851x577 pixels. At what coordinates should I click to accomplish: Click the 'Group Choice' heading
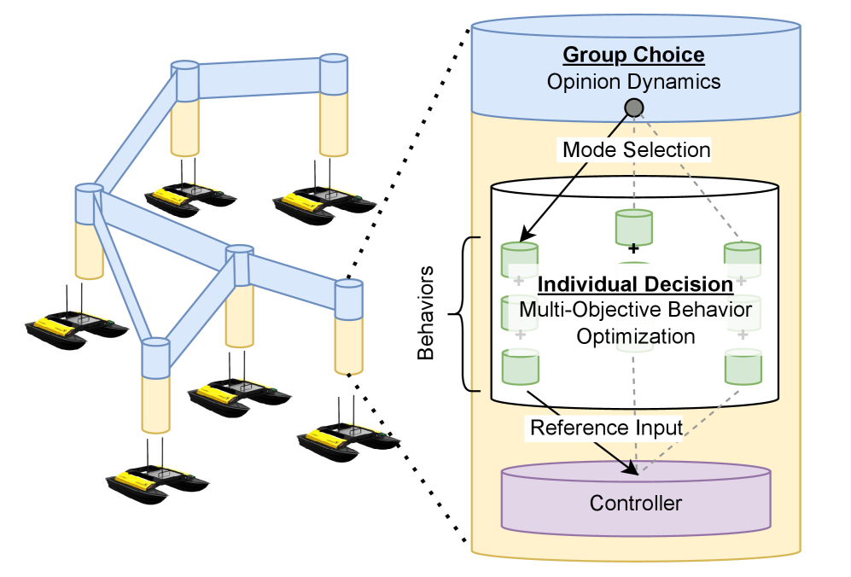click(x=633, y=55)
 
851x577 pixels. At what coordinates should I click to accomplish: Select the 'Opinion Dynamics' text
click(x=633, y=83)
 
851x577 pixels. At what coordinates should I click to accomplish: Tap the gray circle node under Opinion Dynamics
click(x=634, y=108)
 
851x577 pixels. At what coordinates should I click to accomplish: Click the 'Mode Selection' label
click(x=636, y=150)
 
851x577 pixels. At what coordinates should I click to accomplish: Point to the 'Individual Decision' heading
click(x=636, y=283)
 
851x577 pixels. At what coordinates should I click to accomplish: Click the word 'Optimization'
click(x=636, y=336)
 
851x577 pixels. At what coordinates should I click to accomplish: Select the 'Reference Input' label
click(x=607, y=427)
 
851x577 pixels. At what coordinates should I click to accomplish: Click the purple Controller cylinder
click(x=636, y=501)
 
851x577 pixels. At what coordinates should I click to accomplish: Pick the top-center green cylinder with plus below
click(x=633, y=225)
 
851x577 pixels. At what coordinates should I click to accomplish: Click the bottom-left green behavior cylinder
click(x=520, y=367)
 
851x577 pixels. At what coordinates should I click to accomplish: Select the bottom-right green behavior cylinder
click(x=743, y=367)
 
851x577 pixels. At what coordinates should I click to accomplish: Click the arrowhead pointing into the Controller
click(x=632, y=469)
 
